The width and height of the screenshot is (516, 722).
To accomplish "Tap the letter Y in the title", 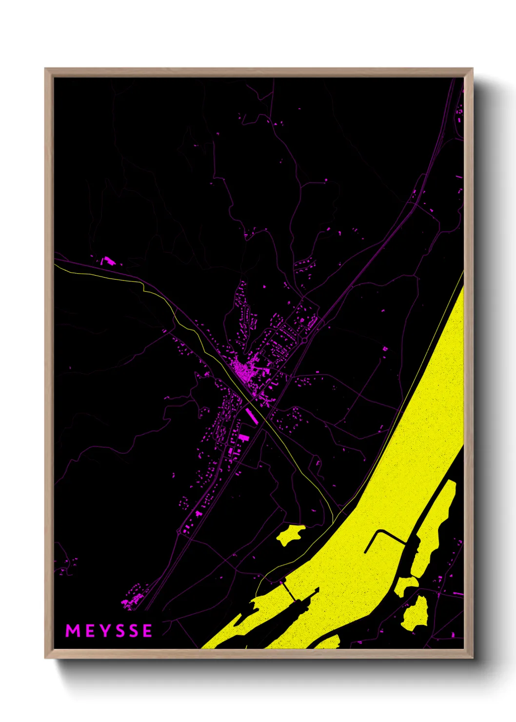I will pos(103,631).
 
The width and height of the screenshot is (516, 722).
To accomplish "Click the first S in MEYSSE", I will pos(118,631).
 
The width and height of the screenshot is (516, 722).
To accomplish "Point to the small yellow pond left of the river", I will pos(290,535).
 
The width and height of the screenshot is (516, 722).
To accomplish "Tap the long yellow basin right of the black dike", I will pos(433,527).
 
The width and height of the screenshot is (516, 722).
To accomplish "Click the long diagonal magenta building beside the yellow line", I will pos(252,416).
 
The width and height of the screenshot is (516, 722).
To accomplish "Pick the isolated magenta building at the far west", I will pos(107,261).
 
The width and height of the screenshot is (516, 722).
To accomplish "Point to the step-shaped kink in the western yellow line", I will pos(144,288).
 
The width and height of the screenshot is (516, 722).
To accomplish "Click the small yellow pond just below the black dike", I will pos(406,585).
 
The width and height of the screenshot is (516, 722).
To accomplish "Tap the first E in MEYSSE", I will pos(89,631).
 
